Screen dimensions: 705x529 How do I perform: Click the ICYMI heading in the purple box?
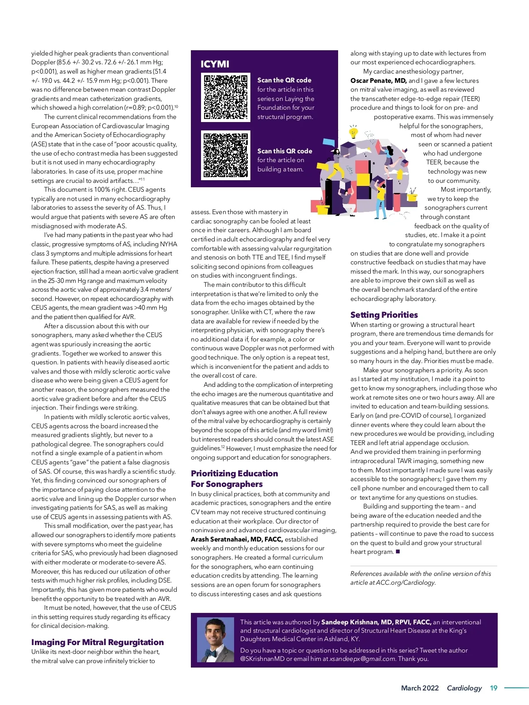pos(215,64)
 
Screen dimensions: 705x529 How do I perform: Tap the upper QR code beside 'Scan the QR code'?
pos(225,97)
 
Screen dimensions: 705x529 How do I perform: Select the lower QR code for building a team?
pos(225,155)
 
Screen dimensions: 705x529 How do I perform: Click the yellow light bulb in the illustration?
pos(353,132)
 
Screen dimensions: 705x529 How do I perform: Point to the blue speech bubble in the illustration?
pos(329,143)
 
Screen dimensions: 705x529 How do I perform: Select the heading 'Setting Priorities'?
pos(384,315)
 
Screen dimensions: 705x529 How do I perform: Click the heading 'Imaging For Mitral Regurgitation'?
pos(97,642)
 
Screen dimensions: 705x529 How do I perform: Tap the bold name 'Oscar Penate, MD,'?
pos(378,81)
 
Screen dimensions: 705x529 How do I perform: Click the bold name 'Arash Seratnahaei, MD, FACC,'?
pos(237,539)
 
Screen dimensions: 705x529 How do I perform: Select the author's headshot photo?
pos(215,640)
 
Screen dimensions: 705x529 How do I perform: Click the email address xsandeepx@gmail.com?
pos(362,659)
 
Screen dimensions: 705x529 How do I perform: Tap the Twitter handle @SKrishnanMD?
pos(262,659)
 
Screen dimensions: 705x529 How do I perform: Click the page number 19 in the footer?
pos(493,688)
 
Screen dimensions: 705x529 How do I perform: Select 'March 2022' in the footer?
pos(420,688)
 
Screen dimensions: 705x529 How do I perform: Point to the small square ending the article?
pos(398,552)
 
